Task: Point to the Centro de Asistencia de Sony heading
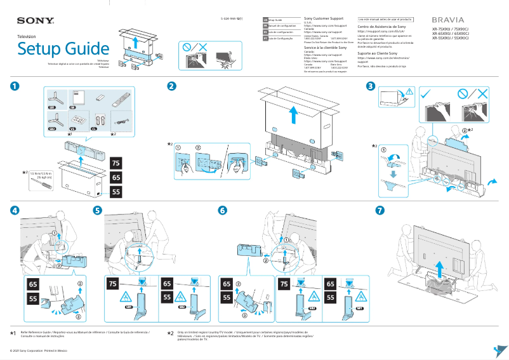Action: (x=382, y=27)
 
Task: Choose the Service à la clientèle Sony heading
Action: (x=326, y=48)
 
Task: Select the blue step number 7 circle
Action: (x=380, y=210)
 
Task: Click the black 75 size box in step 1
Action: (x=116, y=162)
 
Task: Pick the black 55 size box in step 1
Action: (x=116, y=191)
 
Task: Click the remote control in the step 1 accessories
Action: (x=119, y=100)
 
